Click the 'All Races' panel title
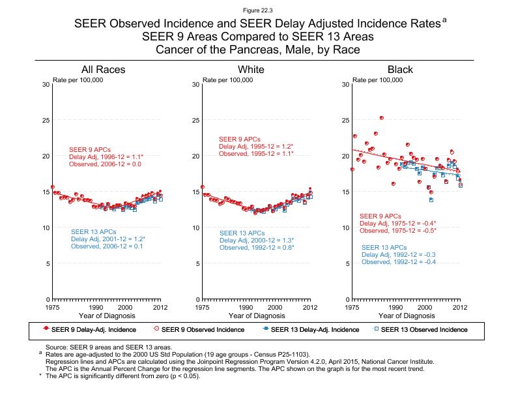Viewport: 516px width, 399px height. click(x=103, y=70)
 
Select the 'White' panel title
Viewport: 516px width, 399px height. click(x=251, y=70)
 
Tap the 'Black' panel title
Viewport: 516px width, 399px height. click(x=400, y=70)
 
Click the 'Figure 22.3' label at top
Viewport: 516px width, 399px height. click(x=258, y=11)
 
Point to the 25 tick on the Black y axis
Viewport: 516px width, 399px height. click(x=346, y=121)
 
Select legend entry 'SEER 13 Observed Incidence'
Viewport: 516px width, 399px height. click(x=424, y=330)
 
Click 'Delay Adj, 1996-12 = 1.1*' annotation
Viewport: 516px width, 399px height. click(x=106, y=157)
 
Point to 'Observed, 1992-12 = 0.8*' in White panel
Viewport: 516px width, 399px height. click(x=257, y=248)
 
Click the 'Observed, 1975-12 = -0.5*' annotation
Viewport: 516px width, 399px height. click(x=397, y=231)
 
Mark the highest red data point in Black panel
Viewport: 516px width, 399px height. click(x=382, y=118)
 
